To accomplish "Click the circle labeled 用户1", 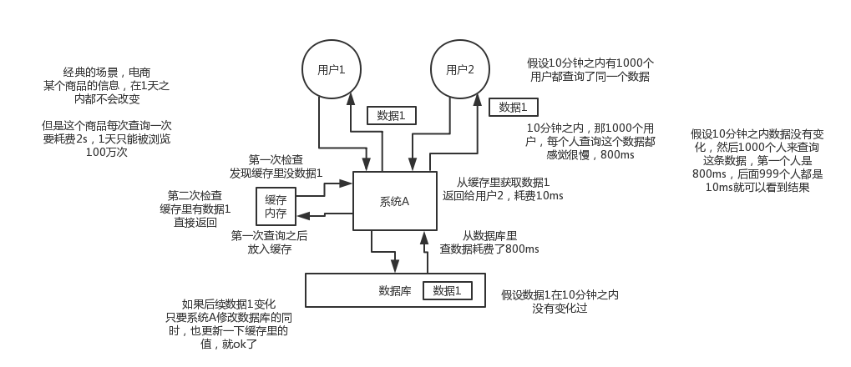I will pos(332,69).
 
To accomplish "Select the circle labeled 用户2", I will pos(460,69).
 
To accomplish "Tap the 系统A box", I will pos(394,201).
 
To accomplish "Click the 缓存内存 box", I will pos(276,207).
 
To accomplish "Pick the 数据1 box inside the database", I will pos(447,290).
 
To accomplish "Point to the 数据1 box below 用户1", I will pos(391,115).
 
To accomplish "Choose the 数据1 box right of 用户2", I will pos(513,107).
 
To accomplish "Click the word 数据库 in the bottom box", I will pos(394,290).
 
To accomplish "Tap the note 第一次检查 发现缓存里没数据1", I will pos(276,166).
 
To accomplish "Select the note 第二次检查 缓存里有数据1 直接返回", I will pos(195,209).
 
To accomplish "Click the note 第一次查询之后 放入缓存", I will pos(269,242).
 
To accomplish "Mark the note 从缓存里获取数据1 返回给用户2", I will pos(503,189).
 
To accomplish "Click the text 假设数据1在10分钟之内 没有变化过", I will pos(560,301).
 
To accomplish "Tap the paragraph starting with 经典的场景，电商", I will pos(106,86).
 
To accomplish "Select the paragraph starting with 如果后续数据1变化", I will pos(228,324).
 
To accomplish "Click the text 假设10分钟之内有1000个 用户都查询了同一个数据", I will pos(590,69).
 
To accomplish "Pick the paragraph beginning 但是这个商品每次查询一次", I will pos(106,138).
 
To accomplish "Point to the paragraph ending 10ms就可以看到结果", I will pos(757,160).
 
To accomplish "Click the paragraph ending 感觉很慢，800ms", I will pos(590,141).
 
